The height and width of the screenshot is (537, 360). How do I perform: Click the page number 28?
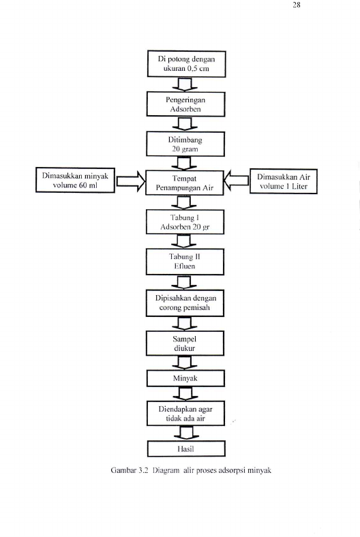(297, 5)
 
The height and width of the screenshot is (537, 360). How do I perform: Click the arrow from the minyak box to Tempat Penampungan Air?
(130, 181)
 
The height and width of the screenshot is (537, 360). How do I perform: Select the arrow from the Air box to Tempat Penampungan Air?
(237, 181)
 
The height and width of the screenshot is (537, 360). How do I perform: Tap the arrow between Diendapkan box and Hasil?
(186, 433)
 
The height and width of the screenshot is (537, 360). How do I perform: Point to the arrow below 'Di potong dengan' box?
(185, 85)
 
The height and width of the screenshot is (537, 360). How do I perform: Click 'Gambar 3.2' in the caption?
(129, 470)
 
